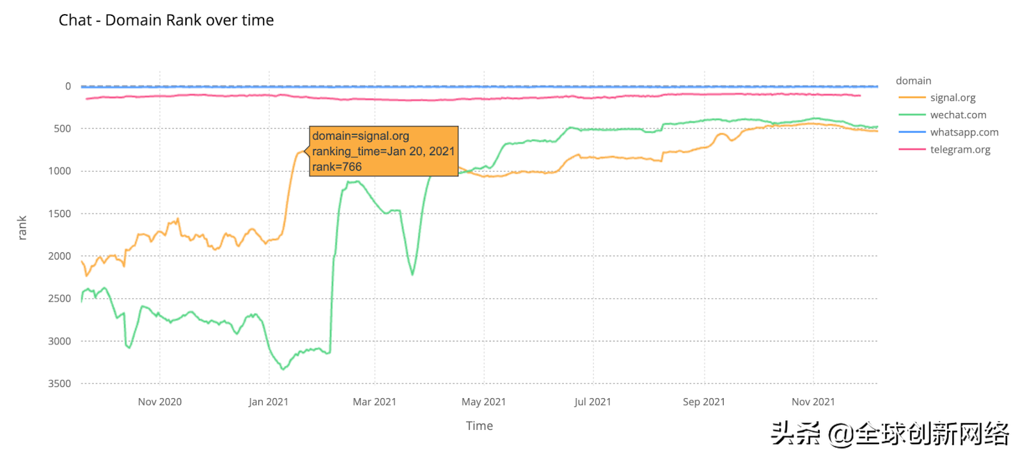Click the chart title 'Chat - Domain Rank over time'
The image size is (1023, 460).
tap(166, 20)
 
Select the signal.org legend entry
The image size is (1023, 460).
tap(952, 98)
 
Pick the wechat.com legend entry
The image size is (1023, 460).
tap(958, 115)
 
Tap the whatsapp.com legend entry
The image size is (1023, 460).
tap(964, 132)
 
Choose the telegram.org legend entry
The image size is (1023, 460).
tap(960, 149)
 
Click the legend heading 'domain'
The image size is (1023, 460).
tap(913, 80)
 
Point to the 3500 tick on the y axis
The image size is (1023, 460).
tap(59, 383)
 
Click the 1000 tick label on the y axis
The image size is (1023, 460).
tap(59, 171)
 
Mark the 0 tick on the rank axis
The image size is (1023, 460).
tap(68, 86)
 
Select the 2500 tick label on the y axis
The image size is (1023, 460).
tap(59, 298)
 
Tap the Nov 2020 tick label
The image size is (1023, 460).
tap(160, 402)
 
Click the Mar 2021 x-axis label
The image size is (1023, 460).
tap(375, 402)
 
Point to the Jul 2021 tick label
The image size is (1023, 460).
tap(593, 402)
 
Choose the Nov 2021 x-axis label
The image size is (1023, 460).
tap(813, 402)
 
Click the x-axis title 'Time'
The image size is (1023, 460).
tap(480, 426)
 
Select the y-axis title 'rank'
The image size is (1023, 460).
tap(22, 228)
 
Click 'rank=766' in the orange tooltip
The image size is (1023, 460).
tap(337, 167)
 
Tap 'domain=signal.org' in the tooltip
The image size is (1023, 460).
tap(361, 136)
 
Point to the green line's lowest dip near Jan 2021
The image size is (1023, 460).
tap(283, 369)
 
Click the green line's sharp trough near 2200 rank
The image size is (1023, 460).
tap(412, 275)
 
